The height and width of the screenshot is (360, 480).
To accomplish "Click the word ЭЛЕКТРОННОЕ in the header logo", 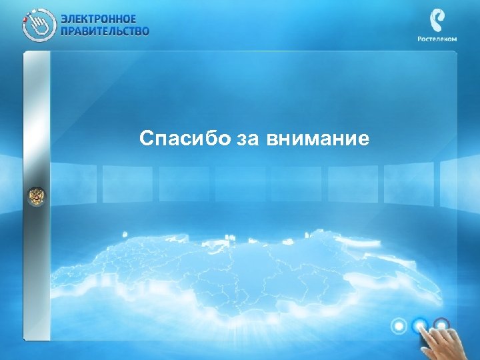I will coord(99,18).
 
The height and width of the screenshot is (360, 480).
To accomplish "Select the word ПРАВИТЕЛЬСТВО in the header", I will coord(105,30).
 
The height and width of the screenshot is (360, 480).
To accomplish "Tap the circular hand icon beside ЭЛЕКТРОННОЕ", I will coord(38,24).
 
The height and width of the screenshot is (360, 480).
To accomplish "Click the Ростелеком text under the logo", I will coord(438,39).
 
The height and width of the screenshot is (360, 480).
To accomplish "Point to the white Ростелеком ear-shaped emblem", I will coord(438,21).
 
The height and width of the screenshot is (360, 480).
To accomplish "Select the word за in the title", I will coord(247,139).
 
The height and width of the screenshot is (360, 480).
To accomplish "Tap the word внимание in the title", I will coord(317,139).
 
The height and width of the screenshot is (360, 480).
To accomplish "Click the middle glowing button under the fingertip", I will coord(420,326).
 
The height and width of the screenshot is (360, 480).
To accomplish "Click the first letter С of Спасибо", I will coord(146,139).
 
